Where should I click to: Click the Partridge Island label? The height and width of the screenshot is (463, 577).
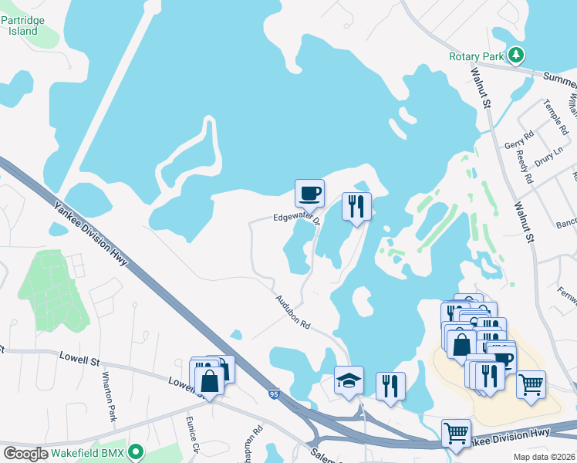click(x=22, y=24)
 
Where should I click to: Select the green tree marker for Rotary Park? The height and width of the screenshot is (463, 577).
click(x=515, y=56)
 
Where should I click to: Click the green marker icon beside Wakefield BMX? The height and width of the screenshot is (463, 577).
click(x=136, y=451)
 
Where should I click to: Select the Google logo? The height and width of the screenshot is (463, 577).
click(x=25, y=454)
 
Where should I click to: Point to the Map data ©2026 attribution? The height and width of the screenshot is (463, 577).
click(x=543, y=457)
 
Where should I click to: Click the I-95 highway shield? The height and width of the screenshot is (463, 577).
click(x=275, y=394)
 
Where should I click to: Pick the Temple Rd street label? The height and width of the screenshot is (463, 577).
click(x=555, y=116)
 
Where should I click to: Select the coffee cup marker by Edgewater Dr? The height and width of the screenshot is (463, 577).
click(x=309, y=193)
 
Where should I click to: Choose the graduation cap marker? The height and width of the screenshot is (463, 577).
click(x=349, y=380)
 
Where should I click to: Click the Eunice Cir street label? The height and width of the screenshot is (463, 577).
click(x=193, y=434)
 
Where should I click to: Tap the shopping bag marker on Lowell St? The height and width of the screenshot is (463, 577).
click(x=209, y=379)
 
